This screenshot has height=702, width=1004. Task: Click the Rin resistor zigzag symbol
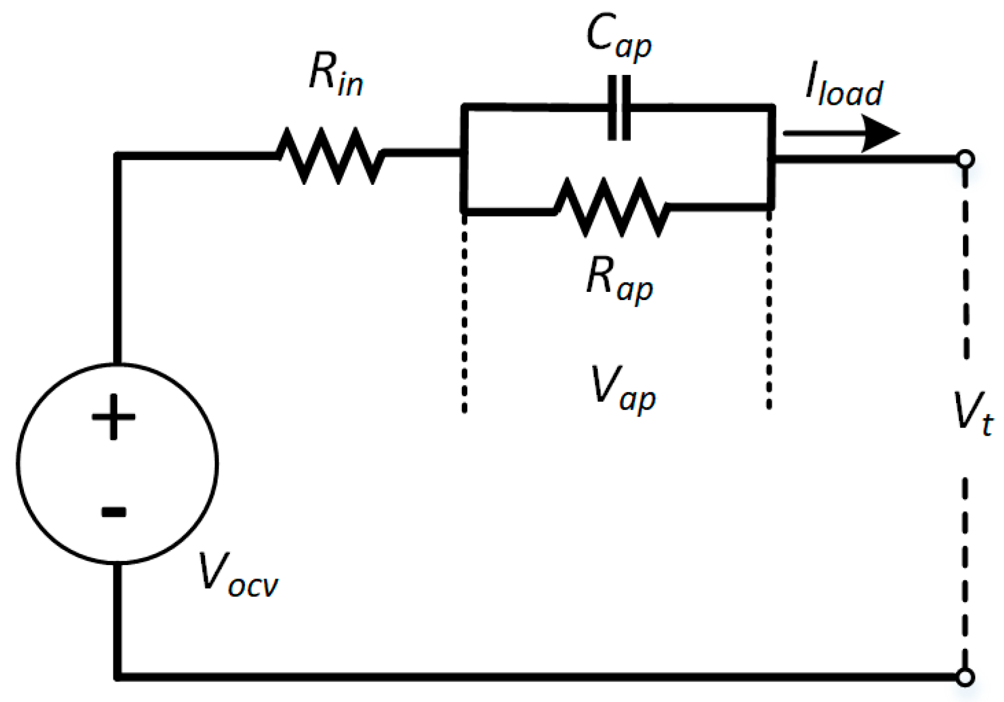click(330, 156)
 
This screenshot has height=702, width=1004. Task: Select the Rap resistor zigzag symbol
click(611, 208)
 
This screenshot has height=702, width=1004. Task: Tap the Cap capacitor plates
click(619, 108)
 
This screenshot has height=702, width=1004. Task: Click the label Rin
click(336, 74)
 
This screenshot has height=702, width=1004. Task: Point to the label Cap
click(618, 37)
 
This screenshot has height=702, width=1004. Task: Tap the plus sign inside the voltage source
click(113, 417)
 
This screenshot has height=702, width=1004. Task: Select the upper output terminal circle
click(965, 159)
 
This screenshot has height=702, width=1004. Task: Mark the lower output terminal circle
click(965, 677)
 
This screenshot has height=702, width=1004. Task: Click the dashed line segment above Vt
click(965, 263)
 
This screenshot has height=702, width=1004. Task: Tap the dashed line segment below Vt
click(965, 573)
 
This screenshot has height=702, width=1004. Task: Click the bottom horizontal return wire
click(526, 677)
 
